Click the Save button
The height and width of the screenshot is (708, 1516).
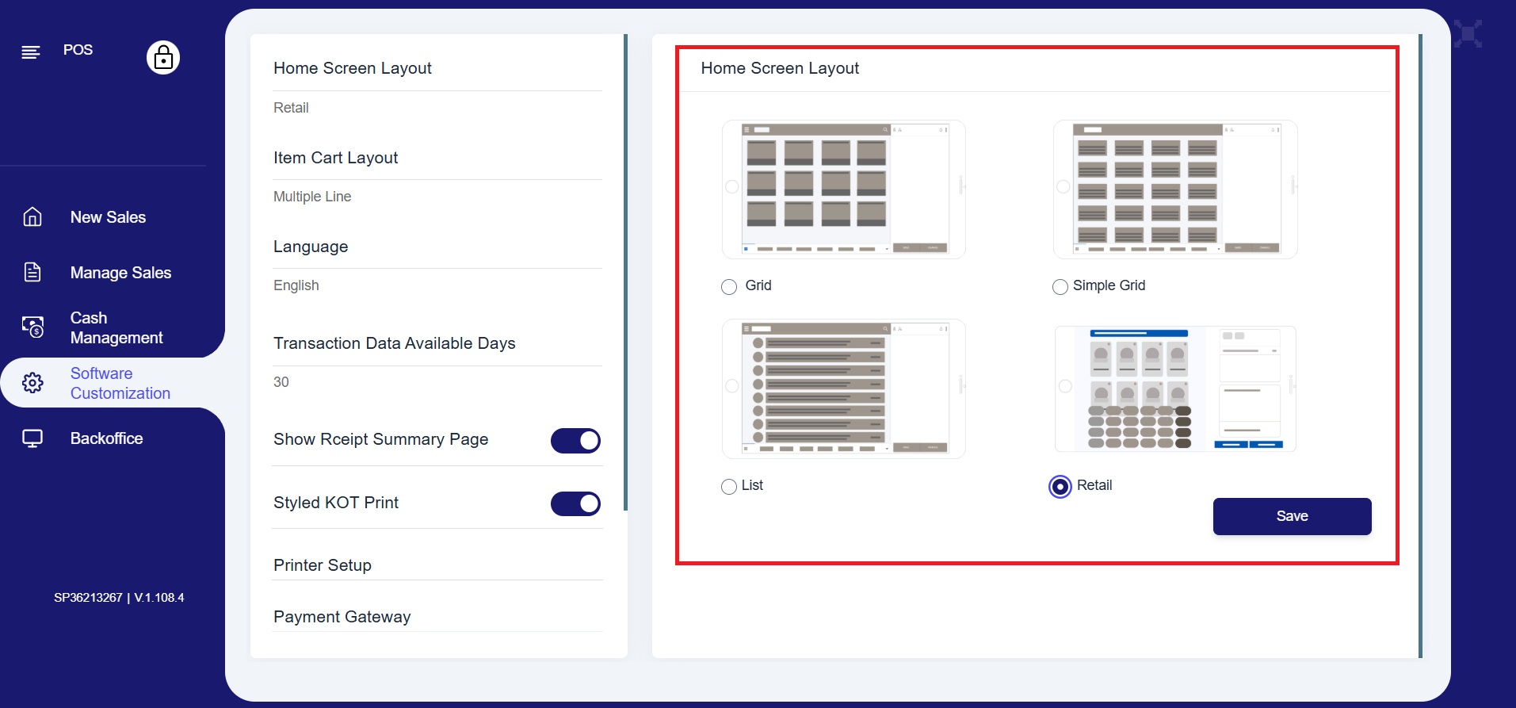(x=1292, y=516)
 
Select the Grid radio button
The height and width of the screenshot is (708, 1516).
(x=729, y=287)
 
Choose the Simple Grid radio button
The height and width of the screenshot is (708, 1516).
(x=1060, y=287)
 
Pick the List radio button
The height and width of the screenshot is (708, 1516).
(x=729, y=487)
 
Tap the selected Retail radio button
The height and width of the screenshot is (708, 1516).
(x=1060, y=486)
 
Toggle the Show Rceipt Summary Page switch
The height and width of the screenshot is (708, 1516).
(x=575, y=441)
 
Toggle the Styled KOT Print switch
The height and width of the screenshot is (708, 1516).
(x=575, y=503)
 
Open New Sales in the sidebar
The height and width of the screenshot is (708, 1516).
(x=108, y=217)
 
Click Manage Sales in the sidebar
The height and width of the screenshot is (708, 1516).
(x=120, y=273)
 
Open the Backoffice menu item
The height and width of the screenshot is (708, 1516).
(x=106, y=438)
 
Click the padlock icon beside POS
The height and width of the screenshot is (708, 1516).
(x=163, y=57)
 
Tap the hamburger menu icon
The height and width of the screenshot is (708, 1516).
(x=31, y=52)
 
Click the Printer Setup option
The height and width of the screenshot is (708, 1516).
(x=323, y=565)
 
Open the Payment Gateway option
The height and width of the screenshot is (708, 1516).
(x=342, y=617)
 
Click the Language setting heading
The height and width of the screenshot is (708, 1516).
(x=311, y=247)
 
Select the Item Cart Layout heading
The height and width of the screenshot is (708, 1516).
(x=336, y=158)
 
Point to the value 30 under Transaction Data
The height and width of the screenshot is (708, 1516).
(x=281, y=382)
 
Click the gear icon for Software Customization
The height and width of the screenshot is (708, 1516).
(x=32, y=383)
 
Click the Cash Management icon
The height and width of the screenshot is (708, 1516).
(x=32, y=327)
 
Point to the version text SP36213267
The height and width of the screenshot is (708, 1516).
(x=88, y=598)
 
